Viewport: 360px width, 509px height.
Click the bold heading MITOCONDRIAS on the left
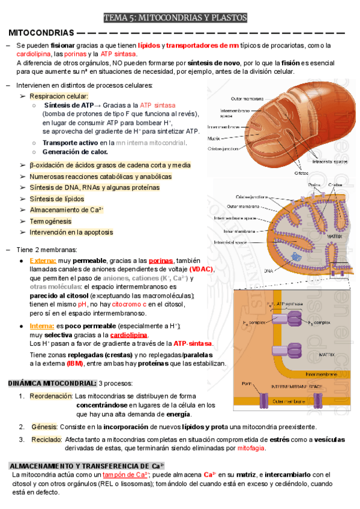(41, 32)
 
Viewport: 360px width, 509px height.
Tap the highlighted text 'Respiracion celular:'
(59, 96)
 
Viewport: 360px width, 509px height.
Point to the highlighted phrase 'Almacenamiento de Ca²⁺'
(67, 210)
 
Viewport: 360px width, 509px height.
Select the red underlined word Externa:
(43, 261)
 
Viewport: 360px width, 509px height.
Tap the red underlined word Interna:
(42, 326)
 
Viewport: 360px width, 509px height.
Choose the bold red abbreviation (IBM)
(75, 364)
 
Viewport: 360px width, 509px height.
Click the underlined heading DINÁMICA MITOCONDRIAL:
(52, 384)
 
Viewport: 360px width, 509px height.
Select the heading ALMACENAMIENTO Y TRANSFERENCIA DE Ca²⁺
(88, 466)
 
